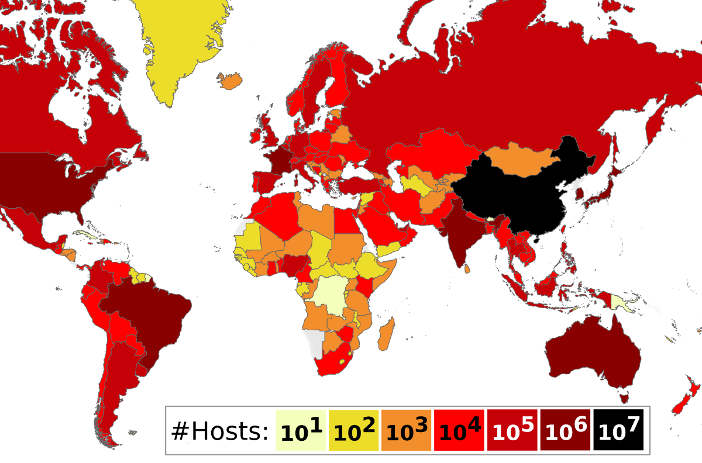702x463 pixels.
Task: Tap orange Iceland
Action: (233, 81)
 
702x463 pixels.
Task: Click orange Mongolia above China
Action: (518, 159)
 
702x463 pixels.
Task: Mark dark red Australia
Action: (591, 351)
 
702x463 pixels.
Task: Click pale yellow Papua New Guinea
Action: (619, 302)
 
